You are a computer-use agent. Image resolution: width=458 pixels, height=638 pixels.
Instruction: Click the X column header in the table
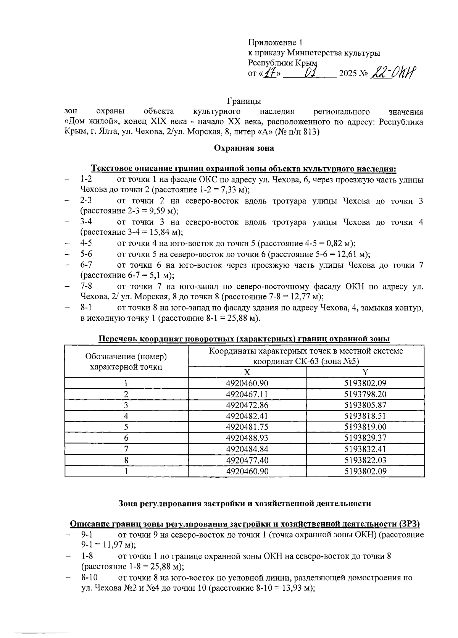point(247,372)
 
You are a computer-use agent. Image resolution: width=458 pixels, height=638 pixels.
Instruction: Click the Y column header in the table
point(365,372)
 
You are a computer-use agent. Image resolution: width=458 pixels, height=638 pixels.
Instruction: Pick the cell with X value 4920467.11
point(247,394)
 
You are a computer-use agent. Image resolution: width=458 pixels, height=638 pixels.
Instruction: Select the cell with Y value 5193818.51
point(365,416)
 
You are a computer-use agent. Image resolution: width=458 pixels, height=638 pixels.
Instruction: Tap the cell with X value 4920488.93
point(247,438)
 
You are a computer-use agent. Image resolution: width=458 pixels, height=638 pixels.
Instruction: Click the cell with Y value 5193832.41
point(365,449)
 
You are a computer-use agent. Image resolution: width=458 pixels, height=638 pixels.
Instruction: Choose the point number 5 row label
point(126,427)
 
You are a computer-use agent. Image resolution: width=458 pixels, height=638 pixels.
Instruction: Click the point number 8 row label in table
point(126,460)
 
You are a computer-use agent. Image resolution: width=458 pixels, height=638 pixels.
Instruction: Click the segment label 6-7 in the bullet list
point(86,265)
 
